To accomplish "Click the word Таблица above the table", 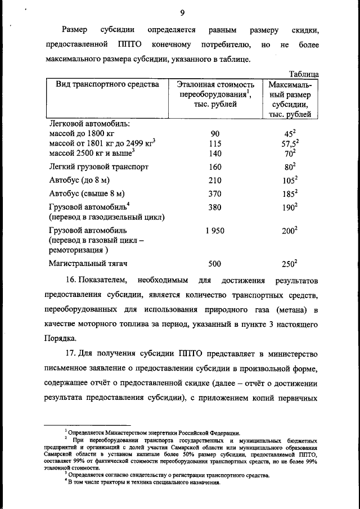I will tap(304, 74).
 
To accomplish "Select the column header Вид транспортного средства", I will tap(107, 84).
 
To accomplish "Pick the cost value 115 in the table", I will tap(215, 143).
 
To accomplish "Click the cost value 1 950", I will tap(215, 231).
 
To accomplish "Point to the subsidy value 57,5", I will tap(289, 143).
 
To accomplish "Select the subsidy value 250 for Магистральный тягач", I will tap(288, 264).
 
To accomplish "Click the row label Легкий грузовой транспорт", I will tap(99, 167).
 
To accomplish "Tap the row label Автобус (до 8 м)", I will tap(82, 181).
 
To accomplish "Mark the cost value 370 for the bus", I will tap(215, 194).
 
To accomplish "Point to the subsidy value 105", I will tap(288, 181).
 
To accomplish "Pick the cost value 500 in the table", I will tap(215, 264).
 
